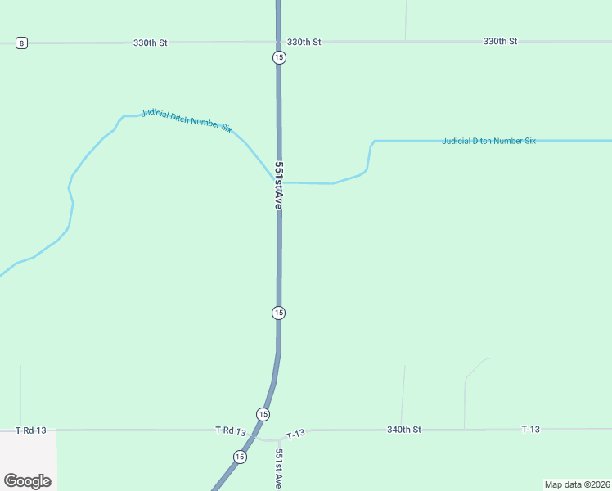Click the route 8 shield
tap(21, 43)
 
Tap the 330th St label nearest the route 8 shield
tap(151, 42)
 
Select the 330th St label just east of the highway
tap(304, 42)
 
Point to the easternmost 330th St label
tap(500, 41)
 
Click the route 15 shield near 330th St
tap(279, 57)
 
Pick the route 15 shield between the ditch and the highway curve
tap(278, 313)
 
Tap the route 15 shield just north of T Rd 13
tap(262, 414)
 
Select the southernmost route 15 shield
tap(239, 457)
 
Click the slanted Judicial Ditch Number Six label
tap(187, 120)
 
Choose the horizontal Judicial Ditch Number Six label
tap(488, 141)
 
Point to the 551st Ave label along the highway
tap(278, 186)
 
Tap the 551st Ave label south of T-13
tap(279, 469)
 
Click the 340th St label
tap(404, 429)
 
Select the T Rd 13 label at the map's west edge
tap(31, 430)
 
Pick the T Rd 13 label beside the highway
tap(231, 430)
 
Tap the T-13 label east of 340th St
tap(531, 429)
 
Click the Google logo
tap(28, 481)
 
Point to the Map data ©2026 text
tap(578, 484)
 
